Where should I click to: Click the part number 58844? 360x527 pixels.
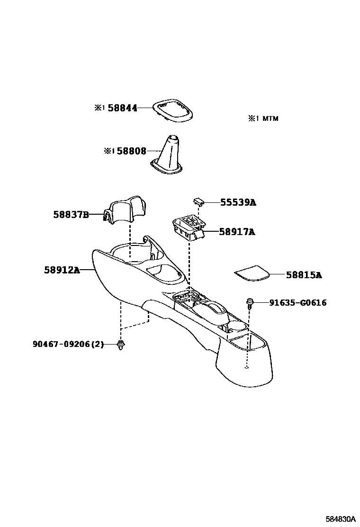click(x=122, y=108)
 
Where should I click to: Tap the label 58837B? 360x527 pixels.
click(x=71, y=215)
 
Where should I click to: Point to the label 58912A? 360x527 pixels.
click(x=62, y=270)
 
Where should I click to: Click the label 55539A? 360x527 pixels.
click(x=238, y=202)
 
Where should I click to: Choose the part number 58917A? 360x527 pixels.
click(x=237, y=232)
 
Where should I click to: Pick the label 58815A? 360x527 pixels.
click(x=304, y=275)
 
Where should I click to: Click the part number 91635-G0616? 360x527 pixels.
click(x=298, y=302)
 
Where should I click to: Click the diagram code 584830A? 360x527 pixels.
click(x=340, y=517)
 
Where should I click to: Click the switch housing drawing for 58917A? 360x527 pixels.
click(x=188, y=227)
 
